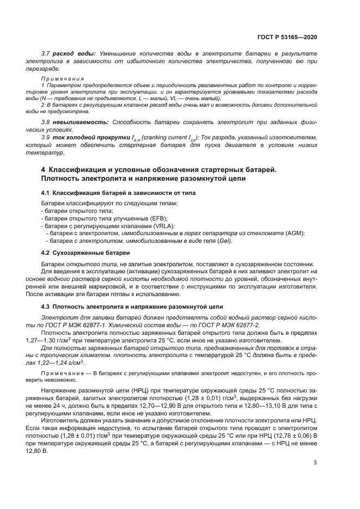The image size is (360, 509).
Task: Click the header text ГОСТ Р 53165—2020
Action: [x=286, y=37]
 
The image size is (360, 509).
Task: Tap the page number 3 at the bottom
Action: [x=314, y=463]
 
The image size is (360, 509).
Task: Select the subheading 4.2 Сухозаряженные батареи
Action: [x=86, y=253]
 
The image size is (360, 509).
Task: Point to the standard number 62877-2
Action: [x=246, y=325]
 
